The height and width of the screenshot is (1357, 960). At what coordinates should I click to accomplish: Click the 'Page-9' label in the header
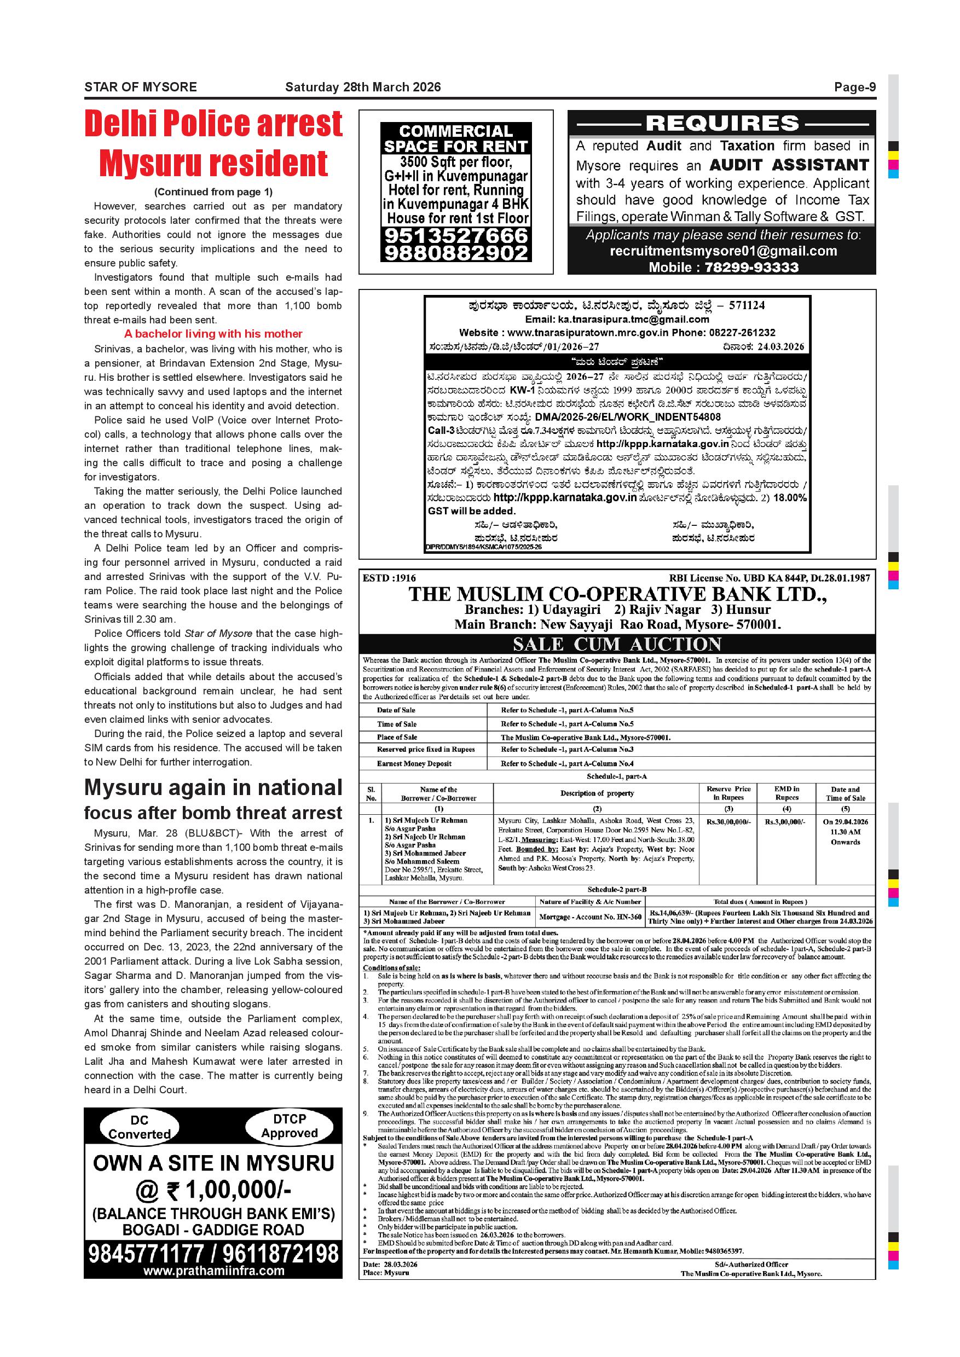point(854,88)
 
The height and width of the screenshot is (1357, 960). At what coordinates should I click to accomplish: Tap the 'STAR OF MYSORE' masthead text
point(141,88)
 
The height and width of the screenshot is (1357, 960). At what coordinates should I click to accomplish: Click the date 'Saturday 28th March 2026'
point(363,88)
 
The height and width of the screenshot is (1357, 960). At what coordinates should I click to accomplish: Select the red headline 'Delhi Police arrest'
point(213,124)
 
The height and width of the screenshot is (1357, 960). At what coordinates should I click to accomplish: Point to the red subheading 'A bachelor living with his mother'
point(213,334)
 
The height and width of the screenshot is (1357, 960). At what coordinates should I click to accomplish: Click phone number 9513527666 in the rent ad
point(456,236)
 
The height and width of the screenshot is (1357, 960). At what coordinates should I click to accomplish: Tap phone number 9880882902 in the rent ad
point(456,253)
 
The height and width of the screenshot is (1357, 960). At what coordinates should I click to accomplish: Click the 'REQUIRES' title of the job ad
point(722,124)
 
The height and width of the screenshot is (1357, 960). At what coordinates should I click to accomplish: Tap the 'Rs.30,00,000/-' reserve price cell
point(728,822)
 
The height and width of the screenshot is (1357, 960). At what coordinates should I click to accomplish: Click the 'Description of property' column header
point(597,794)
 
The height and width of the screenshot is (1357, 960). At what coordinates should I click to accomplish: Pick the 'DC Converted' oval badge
point(140,1127)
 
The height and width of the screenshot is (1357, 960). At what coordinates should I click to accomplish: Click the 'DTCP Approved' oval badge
point(290,1126)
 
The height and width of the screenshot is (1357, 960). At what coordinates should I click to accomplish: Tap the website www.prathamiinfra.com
point(213,1271)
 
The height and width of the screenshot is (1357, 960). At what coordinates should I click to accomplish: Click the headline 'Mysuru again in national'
point(213,788)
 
